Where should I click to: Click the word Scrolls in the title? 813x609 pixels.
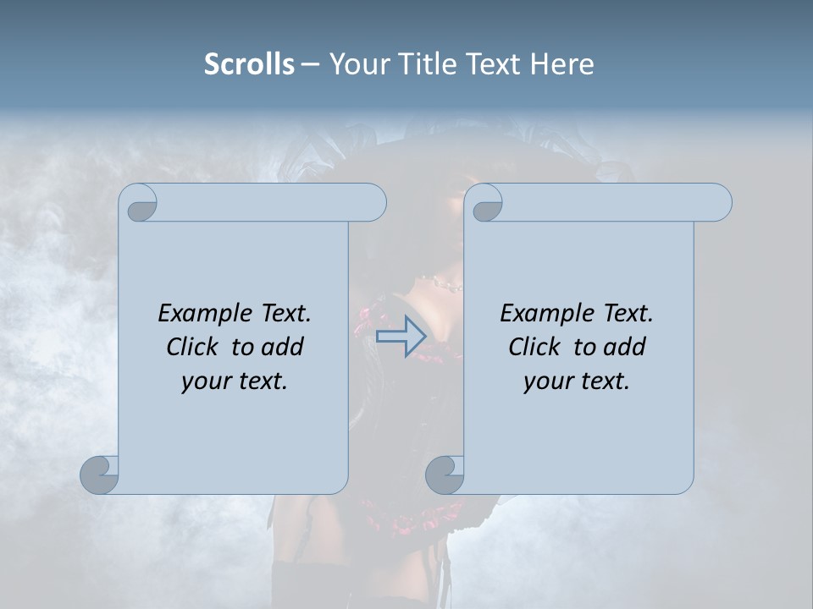tap(249, 64)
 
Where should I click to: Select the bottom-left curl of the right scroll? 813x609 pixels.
tap(445, 475)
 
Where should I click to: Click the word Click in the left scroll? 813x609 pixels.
tap(192, 347)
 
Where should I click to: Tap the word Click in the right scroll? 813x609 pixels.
tap(534, 347)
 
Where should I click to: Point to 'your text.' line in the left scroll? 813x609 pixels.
tap(235, 381)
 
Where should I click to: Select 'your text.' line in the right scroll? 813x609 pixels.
tap(577, 381)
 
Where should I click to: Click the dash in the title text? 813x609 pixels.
tap(310, 65)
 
